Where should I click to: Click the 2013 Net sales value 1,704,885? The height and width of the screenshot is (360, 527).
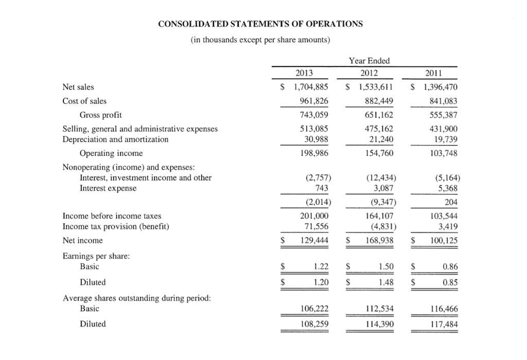click(x=310, y=87)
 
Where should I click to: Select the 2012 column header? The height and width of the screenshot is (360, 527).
click(x=369, y=73)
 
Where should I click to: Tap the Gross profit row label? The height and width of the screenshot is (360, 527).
click(x=100, y=115)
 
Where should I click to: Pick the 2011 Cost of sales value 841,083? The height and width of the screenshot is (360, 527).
click(x=441, y=101)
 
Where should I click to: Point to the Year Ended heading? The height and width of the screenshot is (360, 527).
click(x=369, y=61)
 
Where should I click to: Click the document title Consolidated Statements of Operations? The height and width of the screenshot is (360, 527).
click(x=260, y=24)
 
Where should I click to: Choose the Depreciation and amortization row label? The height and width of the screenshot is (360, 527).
click(x=115, y=139)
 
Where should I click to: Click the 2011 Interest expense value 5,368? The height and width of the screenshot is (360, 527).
click(x=446, y=188)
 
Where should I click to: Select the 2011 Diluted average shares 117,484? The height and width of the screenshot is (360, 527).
click(x=441, y=324)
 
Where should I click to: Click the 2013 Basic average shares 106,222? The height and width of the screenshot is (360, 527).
click(x=314, y=309)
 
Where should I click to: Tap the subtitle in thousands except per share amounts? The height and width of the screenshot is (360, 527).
click(x=260, y=40)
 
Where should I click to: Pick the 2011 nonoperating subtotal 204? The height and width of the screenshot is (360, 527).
click(x=450, y=202)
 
